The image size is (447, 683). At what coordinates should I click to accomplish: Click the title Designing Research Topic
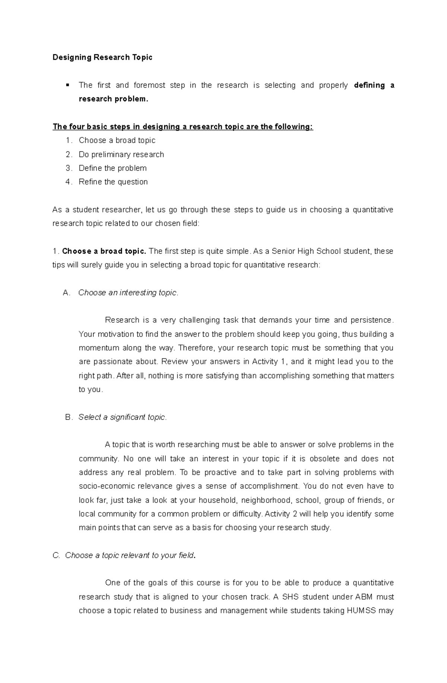[x=102, y=57]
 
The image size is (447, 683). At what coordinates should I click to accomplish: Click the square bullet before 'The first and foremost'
[x=67, y=85]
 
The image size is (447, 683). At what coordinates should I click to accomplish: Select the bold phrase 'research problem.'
[x=113, y=99]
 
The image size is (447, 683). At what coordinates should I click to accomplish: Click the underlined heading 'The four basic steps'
[x=183, y=127]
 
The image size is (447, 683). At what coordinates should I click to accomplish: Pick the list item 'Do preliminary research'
[x=121, y=154]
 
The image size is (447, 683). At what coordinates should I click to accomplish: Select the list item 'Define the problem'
[x=112, y=168]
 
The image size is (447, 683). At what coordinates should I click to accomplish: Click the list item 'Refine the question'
[x=113, y=182]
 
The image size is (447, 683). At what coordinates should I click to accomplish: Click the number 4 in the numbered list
[x=68, y=182]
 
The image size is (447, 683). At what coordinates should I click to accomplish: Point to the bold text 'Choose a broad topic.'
[x=104, y=251]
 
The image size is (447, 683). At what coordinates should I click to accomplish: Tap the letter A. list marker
[x=67, y=293]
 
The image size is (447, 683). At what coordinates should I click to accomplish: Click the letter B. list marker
[x=69, y=417]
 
